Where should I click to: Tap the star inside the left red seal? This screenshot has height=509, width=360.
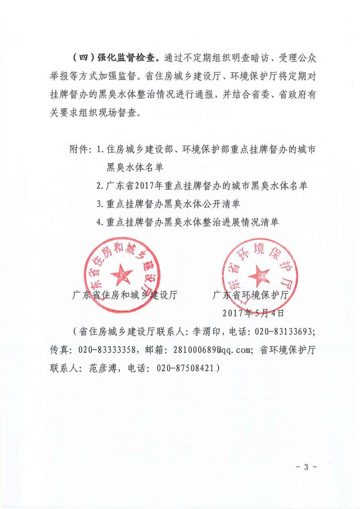point(121,274)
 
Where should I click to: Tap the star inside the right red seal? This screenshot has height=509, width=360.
point(261,274)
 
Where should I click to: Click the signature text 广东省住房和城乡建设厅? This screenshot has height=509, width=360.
point(125,295)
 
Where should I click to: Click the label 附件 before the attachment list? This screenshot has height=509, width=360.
point(80,149)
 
